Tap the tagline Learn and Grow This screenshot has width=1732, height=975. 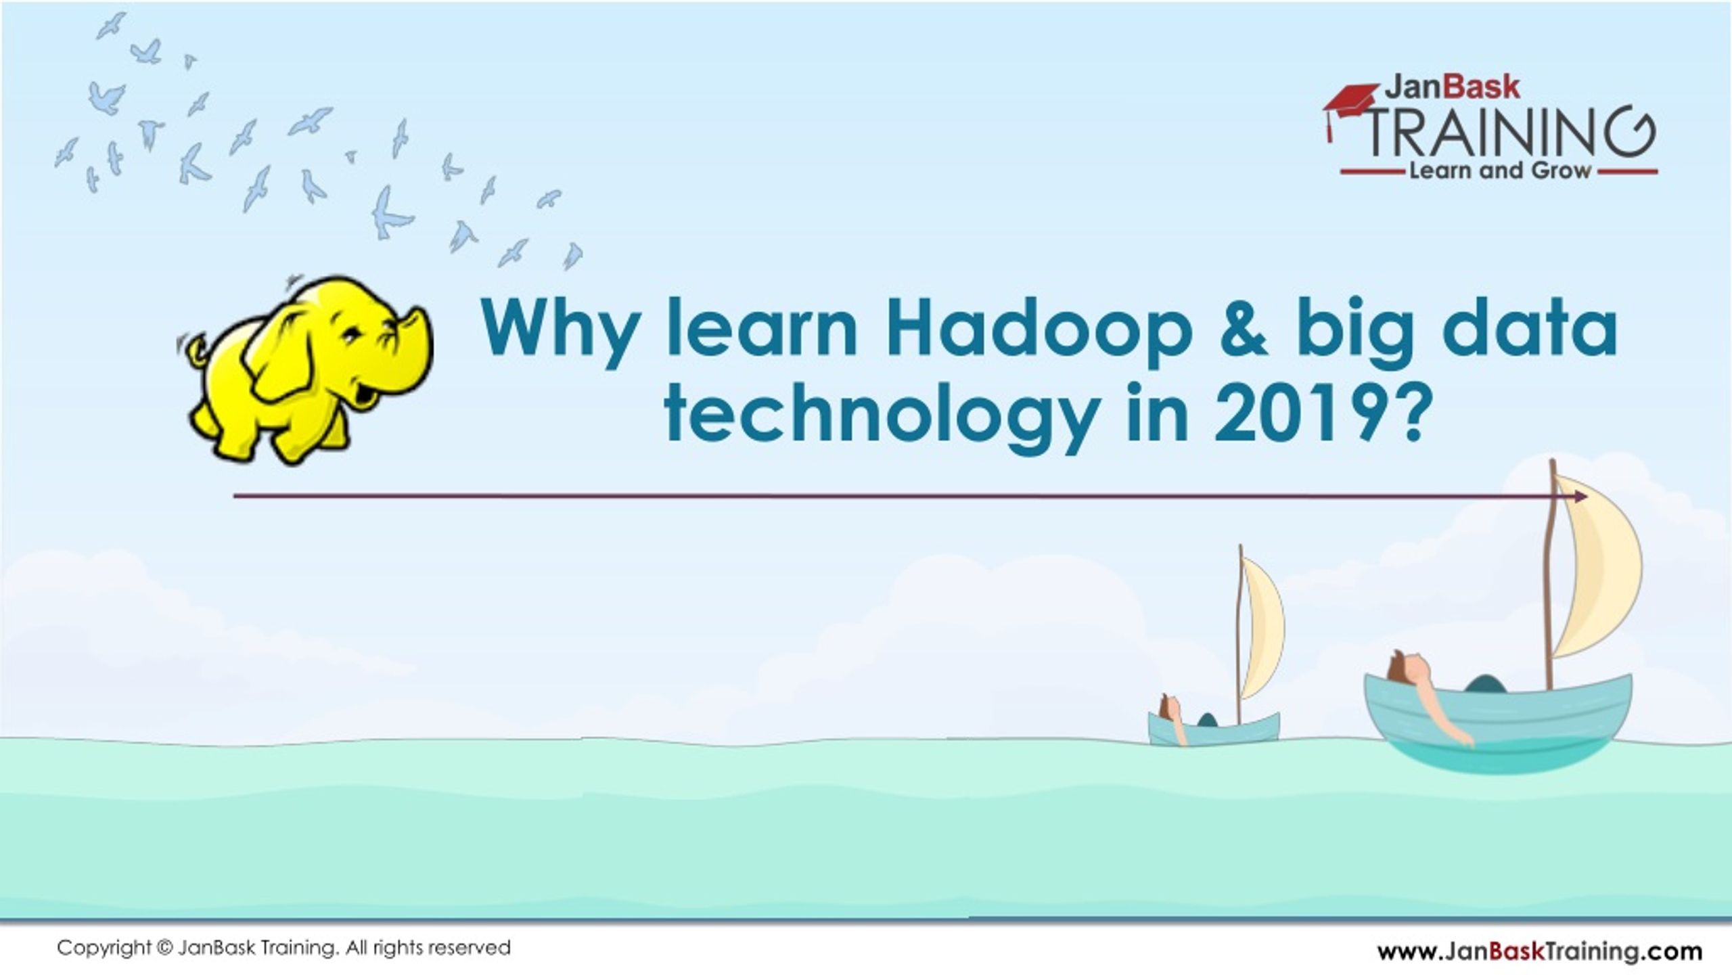[x=1499, y=171]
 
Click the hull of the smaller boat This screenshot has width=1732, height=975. [x=1214, y=729]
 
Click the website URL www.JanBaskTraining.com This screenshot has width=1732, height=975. [x=1540, y=951]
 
